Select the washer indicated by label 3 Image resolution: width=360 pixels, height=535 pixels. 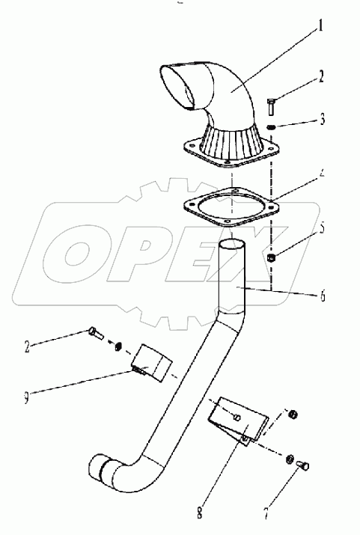(272, 126)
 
